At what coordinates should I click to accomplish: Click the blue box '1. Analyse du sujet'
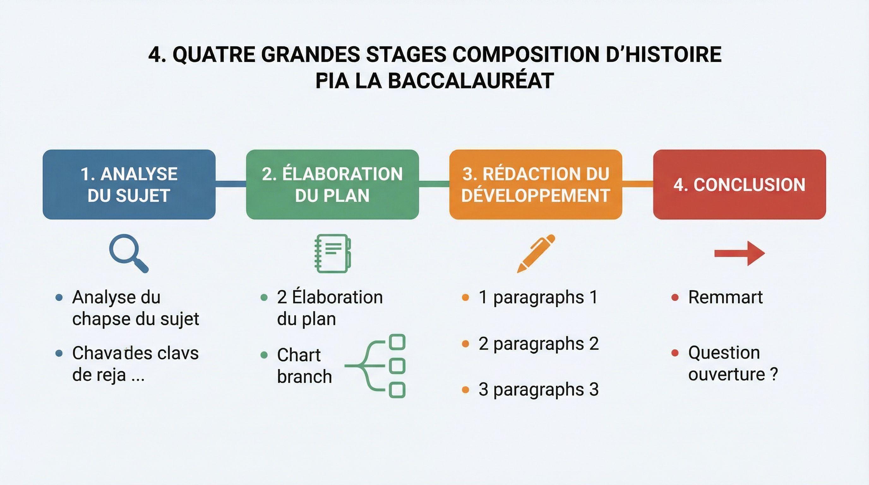coord(129,184)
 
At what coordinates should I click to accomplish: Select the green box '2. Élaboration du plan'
coord(332,184)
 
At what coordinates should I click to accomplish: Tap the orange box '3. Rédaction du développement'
coord(535,184)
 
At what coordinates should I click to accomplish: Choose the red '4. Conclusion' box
coord(739,184)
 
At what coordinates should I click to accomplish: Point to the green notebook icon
coord(333,253)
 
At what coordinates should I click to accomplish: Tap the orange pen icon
coord(536,253)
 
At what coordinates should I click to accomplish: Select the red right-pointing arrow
coord(740,253)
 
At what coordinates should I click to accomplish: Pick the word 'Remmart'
coord(725,297)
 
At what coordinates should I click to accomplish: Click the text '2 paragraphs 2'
coord(538,344)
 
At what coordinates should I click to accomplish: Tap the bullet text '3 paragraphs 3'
coord(538,389)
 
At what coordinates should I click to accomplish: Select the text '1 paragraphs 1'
coord(538,297)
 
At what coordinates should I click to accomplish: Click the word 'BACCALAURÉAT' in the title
coord(470,81)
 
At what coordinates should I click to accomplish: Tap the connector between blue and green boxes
coord(231,184)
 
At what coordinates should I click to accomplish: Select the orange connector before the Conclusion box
coord(638,184)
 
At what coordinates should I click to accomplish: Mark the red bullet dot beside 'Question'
coord(675,353)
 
